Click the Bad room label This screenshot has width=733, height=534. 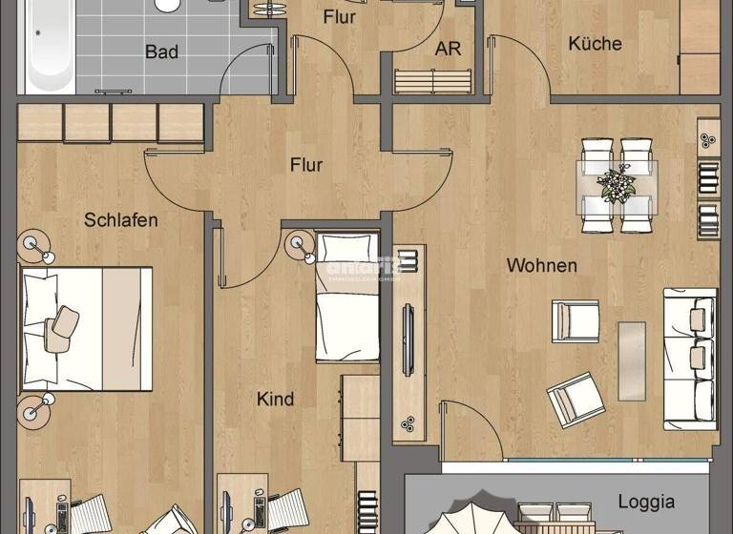[161, 51]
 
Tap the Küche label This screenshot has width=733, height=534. [595, 43]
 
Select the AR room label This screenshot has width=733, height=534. [448, 49]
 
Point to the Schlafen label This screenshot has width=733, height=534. [120, 220]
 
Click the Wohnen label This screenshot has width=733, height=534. [542, 265]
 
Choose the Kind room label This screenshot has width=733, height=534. [275, 399]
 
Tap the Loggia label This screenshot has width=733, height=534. [646, 502]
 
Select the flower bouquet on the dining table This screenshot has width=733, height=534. [618, 182]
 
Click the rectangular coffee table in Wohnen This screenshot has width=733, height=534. [632, 360]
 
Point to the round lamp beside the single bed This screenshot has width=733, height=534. [302, 245]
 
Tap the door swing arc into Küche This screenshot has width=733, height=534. [518, 68]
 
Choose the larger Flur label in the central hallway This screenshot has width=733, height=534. [306, 165]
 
